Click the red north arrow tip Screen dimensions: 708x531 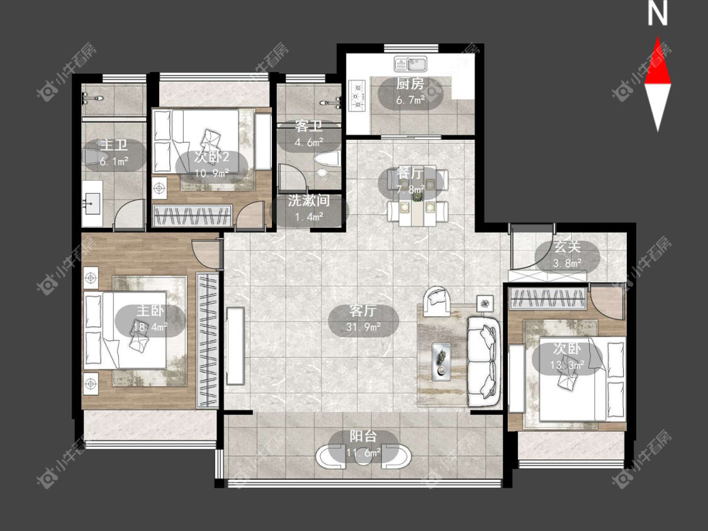click(x=658, y=38)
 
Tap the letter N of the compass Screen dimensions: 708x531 click(x=658, y=14)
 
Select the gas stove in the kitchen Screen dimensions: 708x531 click(x=357, y=95)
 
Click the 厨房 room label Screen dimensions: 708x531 click(x=410, y=84)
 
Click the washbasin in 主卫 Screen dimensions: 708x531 click(x=93, y=203)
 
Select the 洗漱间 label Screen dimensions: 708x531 click(x=309, y=201)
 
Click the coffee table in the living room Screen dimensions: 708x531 click(x=441, y=359)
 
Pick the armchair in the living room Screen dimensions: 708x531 click(x=437, y=300)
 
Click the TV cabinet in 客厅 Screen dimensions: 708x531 click(x=235, y=346)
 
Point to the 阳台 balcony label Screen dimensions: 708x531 click(x=364, y=437)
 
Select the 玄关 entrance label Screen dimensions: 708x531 click(x=567, y=247)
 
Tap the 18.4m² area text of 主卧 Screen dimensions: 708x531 click(x=150, y=327)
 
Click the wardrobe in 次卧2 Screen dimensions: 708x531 click(x=193, y=215)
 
